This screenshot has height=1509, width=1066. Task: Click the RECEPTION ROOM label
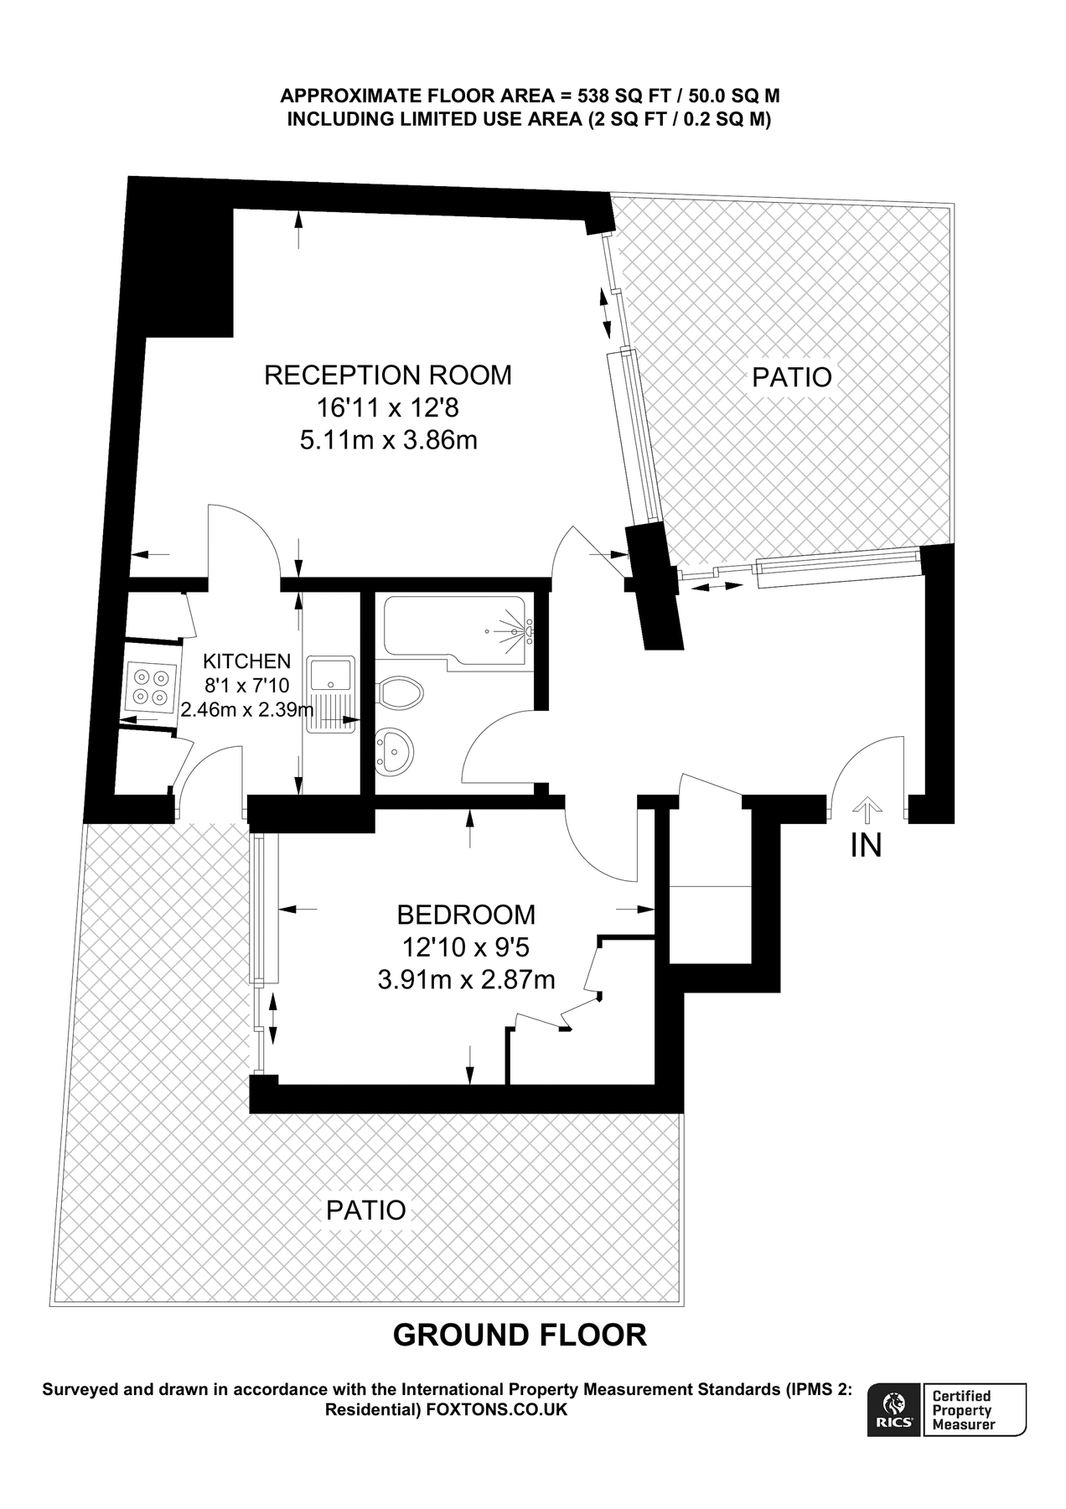click(x=387, y=375)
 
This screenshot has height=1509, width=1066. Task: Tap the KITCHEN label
click(x=247, y=661)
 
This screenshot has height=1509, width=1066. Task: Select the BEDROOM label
click(x=466, y=914)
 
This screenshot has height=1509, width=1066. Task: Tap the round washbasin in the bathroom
click(x=394, y=748)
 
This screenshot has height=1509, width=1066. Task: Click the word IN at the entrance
click(x=867, y=846)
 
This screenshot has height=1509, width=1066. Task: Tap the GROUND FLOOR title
click(x=520, y=1335)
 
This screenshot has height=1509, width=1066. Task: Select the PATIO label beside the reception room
click(x=792, y=377)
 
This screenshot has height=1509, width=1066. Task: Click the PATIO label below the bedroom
click(x=366, y=1210)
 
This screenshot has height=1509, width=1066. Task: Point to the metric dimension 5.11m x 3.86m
click(x=389, y=439)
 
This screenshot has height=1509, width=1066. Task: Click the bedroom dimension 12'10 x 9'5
click(x=466, y=947)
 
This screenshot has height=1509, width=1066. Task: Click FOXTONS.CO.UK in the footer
click(x=497, y=1409)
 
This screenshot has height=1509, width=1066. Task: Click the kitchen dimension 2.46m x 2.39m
click(x=247, y=709)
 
